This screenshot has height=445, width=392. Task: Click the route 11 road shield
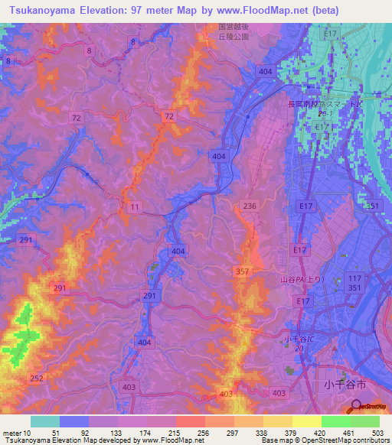pos(135,207)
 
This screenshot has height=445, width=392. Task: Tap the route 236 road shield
pos(249,206)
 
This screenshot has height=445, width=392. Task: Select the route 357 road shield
pos(241,271)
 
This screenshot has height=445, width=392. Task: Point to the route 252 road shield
pos(35,378)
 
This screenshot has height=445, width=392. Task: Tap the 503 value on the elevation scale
pos(377,433)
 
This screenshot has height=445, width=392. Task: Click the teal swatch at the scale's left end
pos(45,421)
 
